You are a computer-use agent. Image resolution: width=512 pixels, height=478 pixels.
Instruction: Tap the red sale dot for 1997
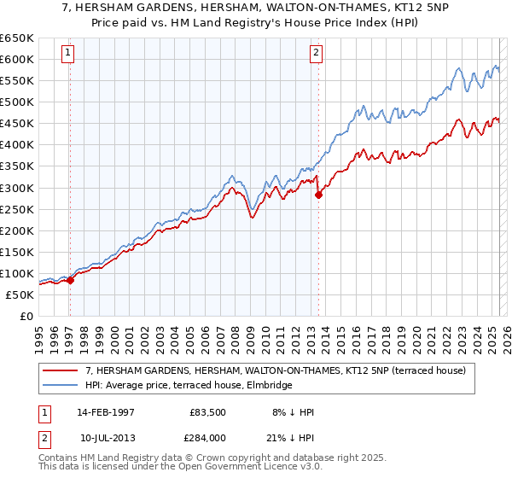71,280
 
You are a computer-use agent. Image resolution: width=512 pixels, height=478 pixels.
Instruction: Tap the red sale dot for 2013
318,195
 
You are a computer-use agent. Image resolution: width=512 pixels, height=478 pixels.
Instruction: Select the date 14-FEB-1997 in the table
105,411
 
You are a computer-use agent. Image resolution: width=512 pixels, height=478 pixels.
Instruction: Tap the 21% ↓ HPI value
293,438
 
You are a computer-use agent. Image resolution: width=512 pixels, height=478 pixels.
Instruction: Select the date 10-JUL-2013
105,438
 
